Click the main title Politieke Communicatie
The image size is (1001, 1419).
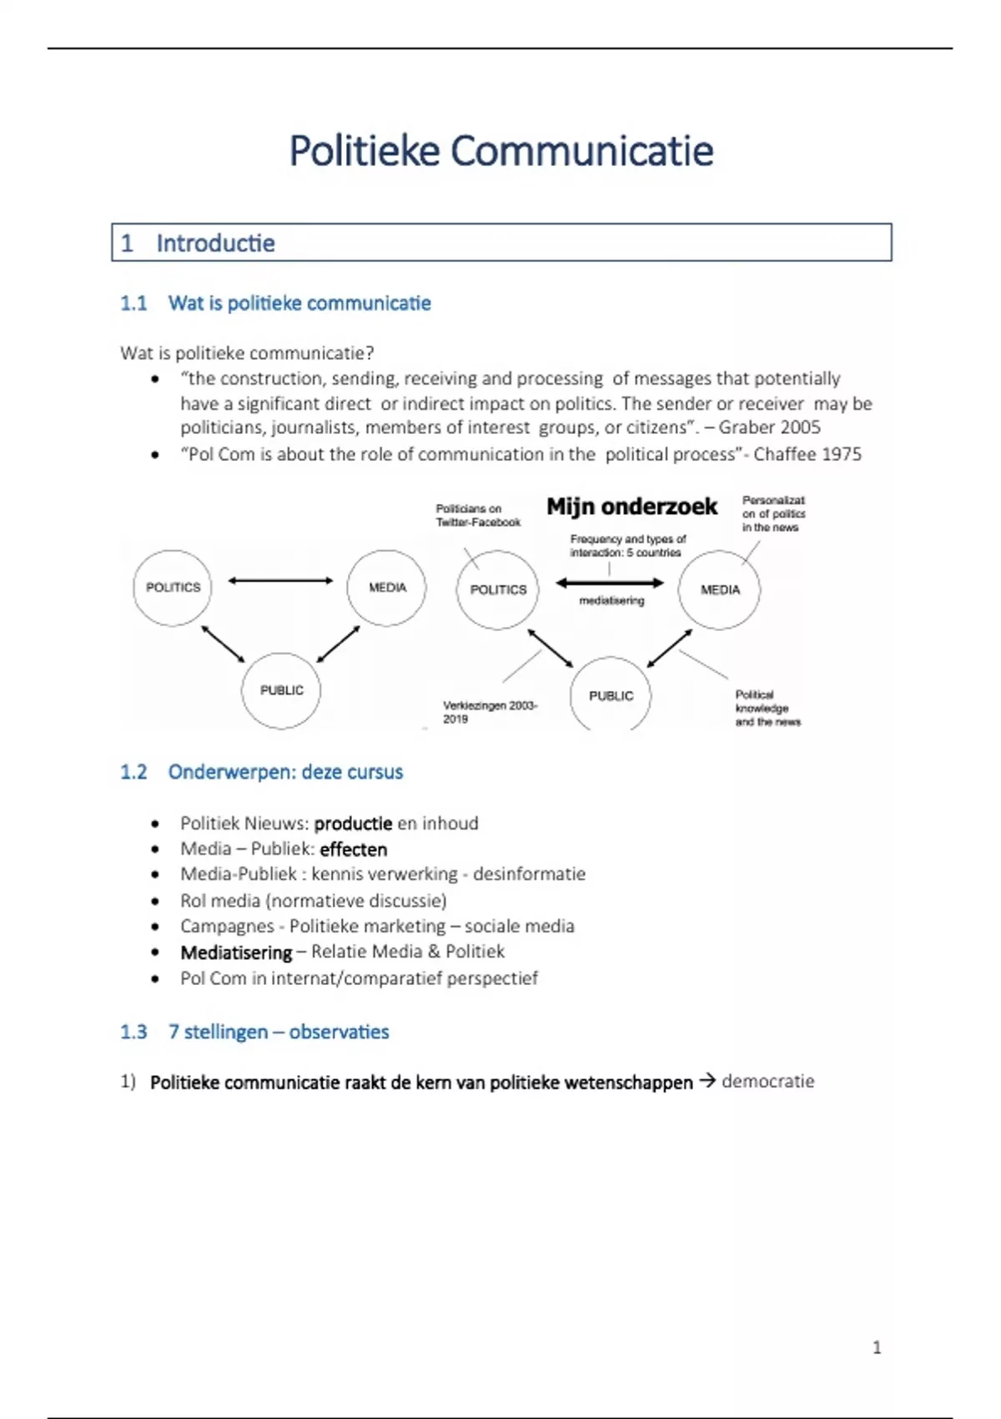tap(500, 151)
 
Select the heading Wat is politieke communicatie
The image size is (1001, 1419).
tap(299, 303)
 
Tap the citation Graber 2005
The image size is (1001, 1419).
tap(769, 427)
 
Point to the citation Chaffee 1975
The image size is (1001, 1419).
tap(807, 454)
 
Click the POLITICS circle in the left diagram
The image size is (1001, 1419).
tap(173, 588)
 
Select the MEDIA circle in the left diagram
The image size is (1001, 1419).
tap(387, 588)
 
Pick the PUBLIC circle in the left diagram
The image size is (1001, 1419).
tap(281, 690)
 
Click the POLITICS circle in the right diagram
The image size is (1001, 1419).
tap(498, 589)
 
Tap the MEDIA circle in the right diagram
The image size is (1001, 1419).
tap(720, 589)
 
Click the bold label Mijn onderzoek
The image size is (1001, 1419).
tap(631, 507)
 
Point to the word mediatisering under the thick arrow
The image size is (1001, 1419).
tap(611, 601)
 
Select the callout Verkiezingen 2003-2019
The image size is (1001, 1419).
tap(490, 712)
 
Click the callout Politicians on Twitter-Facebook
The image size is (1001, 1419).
tap(477, 515)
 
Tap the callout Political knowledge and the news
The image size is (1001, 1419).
tap(767, 708)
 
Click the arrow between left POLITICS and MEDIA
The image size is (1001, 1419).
tap(280, 580)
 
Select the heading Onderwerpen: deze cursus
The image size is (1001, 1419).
tap(285, 772)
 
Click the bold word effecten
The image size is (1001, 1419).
tap(354, 850)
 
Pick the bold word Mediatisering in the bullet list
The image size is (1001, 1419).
tap(236, 952)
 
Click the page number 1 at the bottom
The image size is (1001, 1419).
tap(876, 1347)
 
